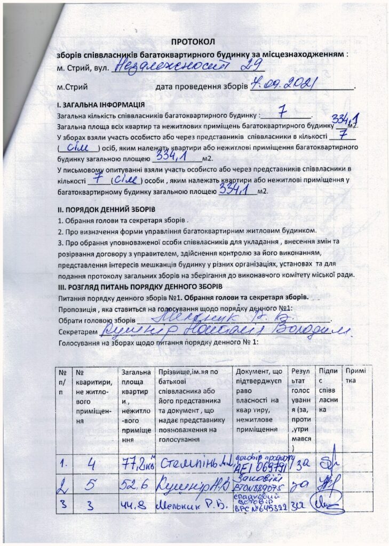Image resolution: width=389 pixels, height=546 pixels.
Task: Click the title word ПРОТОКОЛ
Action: click(x=192, y=42)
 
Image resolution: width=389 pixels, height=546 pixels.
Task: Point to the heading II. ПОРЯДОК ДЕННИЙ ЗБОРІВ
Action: click(x=106, y=209)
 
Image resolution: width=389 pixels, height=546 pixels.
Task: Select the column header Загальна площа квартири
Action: click(x=135, y=405)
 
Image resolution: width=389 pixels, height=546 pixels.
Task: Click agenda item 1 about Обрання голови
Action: click(x=123, y=220)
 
